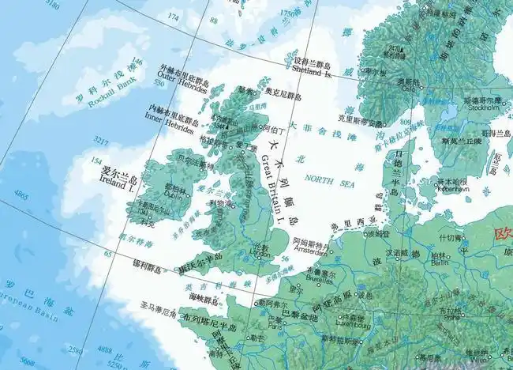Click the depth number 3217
coord(101,139)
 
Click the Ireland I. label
coord(116,187)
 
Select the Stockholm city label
coord(481,109)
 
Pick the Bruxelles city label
coord(298,279)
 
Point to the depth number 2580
coord(76,350)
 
